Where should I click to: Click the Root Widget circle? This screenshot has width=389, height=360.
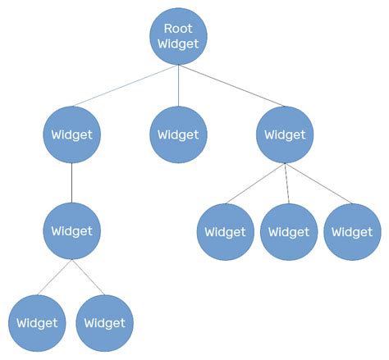(x=178, y=36)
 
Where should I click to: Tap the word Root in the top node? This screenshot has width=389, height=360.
(x=178, y=28)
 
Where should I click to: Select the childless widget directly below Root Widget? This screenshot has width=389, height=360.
(x=178, y=134)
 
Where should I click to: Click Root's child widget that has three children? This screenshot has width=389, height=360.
(x=285, y=134)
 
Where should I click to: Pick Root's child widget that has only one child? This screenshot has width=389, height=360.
(x=72, y=134)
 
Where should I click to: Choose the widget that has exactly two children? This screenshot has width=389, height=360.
(x=72, y=230)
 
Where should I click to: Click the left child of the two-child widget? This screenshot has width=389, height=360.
(x=37, y=322)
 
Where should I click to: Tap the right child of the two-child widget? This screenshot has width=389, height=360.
(x=105, y=322)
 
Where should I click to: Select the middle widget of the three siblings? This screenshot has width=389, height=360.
(x=289, y=232)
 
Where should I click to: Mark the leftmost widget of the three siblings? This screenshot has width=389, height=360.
(x=225, y=232)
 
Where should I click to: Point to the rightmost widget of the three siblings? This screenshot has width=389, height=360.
(x=352, y=232)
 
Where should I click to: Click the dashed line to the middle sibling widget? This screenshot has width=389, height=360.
(x=286, y=184)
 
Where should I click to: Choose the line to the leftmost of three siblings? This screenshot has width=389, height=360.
(x=254, y=185)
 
